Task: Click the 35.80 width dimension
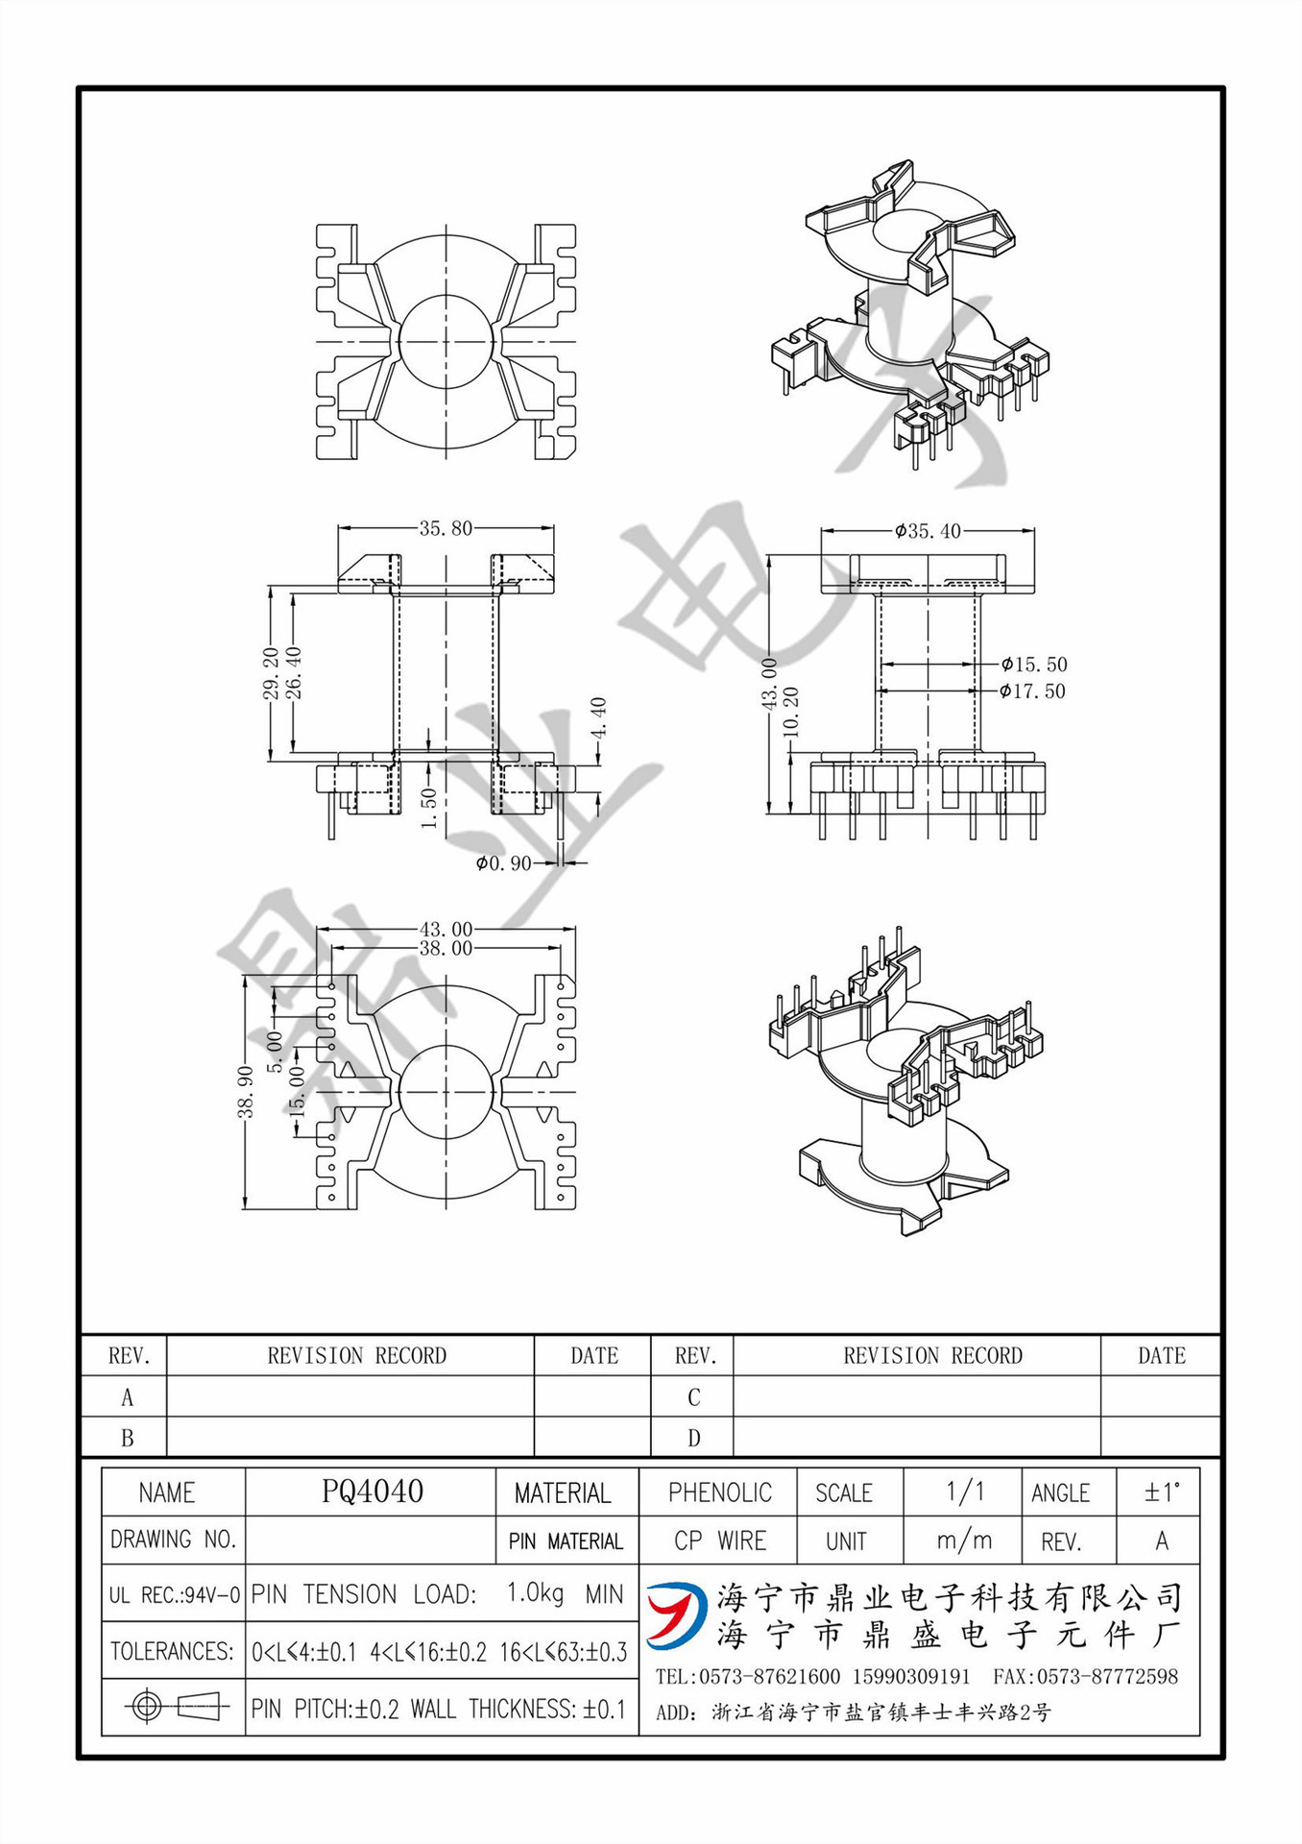(x=446, y=528)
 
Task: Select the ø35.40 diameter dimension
(x=928, y=531)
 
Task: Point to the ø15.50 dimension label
(x=1033, y=665)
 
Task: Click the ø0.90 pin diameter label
(x=503, y=863)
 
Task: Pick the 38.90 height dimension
(x=246, y=1092)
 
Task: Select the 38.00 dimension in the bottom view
(x=446, y=949)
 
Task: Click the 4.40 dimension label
(x=598, y=717)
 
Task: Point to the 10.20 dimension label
(x=791, y=712)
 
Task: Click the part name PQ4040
(x=373, y=1492)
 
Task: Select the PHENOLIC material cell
(x=719, y=1492)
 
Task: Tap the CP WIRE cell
(x=719, y=1541)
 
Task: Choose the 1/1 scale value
(x=964, y=1492)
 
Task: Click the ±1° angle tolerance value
(x=1161, y=1492)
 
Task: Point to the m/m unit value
(x=964, y=1541)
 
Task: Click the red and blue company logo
(x=676, y=1614)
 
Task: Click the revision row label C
(x=693, y=1397)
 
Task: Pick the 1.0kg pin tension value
(x=535, y=1593)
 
